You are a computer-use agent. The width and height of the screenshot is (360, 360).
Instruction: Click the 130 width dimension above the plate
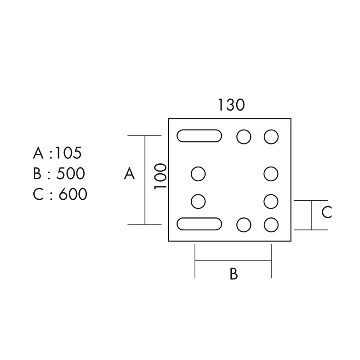(x=231, y=105)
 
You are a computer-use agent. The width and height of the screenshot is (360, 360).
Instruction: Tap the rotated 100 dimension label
(x=160, y=176)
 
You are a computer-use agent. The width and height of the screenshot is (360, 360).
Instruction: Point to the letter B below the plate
(x=234, y=274)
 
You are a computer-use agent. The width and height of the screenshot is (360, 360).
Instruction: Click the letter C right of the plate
(x=327, y=212)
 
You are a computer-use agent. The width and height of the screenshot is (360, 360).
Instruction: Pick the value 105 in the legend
(x=68, y=153)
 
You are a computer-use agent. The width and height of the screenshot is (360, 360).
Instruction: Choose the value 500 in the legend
(x=71, y=173)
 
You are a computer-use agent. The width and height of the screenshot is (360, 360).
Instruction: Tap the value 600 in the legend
(x=73, y=194)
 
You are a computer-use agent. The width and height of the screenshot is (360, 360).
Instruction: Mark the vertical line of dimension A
(x=145, y=180)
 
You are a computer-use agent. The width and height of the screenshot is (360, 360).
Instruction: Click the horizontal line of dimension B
(x=233, y=261)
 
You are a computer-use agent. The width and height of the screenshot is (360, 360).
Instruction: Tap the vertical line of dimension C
(x=311, y=215)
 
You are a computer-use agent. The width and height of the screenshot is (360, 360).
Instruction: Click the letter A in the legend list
(x=38, y=153)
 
